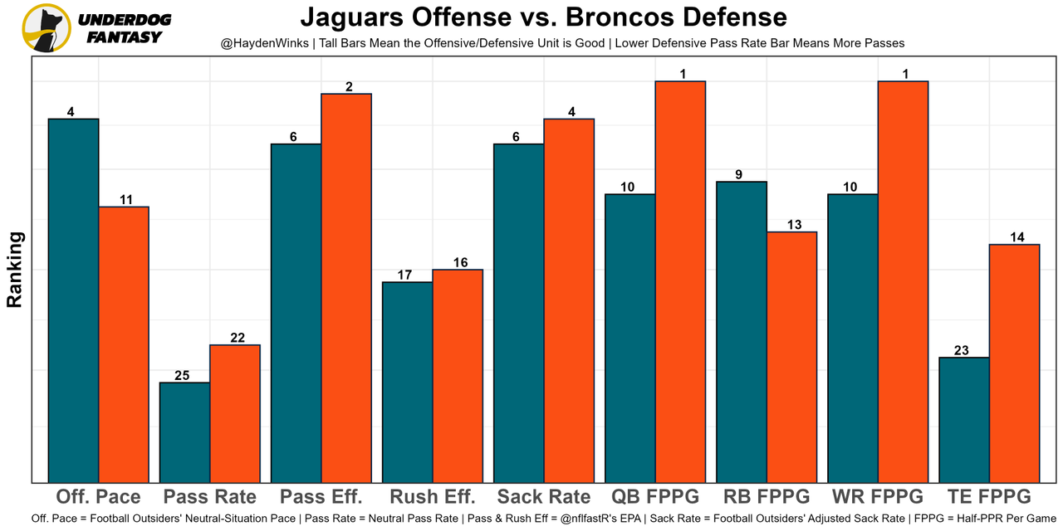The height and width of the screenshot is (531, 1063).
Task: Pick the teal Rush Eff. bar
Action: click(408, 382)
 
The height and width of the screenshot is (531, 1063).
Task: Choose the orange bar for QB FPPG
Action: click(680, 281)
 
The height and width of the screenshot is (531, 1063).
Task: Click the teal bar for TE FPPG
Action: click(964, 420)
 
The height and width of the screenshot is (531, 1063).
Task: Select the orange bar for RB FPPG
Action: click(791, 357)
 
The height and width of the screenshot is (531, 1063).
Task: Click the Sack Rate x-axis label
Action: click(544, 497)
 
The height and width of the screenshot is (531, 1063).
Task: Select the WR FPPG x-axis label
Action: click(878, 497)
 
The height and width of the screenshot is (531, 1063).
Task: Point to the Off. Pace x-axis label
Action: click(98, 497)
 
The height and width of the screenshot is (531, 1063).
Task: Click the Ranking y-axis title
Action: click(15, 270)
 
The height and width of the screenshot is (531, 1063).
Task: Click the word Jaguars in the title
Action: click(348, 17)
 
